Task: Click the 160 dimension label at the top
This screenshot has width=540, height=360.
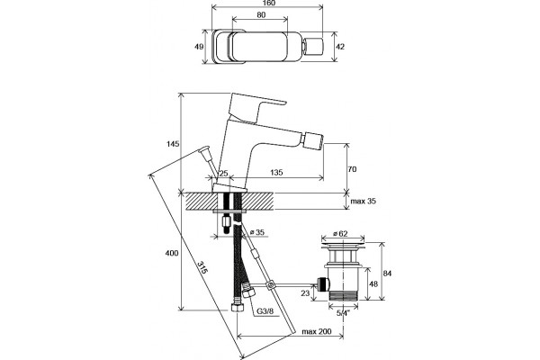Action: pos(268,3)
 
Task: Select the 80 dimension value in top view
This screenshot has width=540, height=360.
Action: pos(261,14)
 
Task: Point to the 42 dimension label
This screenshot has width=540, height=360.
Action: pos(340,47)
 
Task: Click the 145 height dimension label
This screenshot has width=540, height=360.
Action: pos(172,144)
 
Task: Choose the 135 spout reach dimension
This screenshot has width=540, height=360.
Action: pos(276,172)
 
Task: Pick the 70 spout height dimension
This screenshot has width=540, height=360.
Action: pos(352,169)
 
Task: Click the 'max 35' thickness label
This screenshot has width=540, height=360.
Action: pos(364,202)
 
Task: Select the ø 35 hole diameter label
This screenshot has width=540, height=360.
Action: pos(256,232)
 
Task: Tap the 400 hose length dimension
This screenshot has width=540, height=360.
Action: pos(172,253)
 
